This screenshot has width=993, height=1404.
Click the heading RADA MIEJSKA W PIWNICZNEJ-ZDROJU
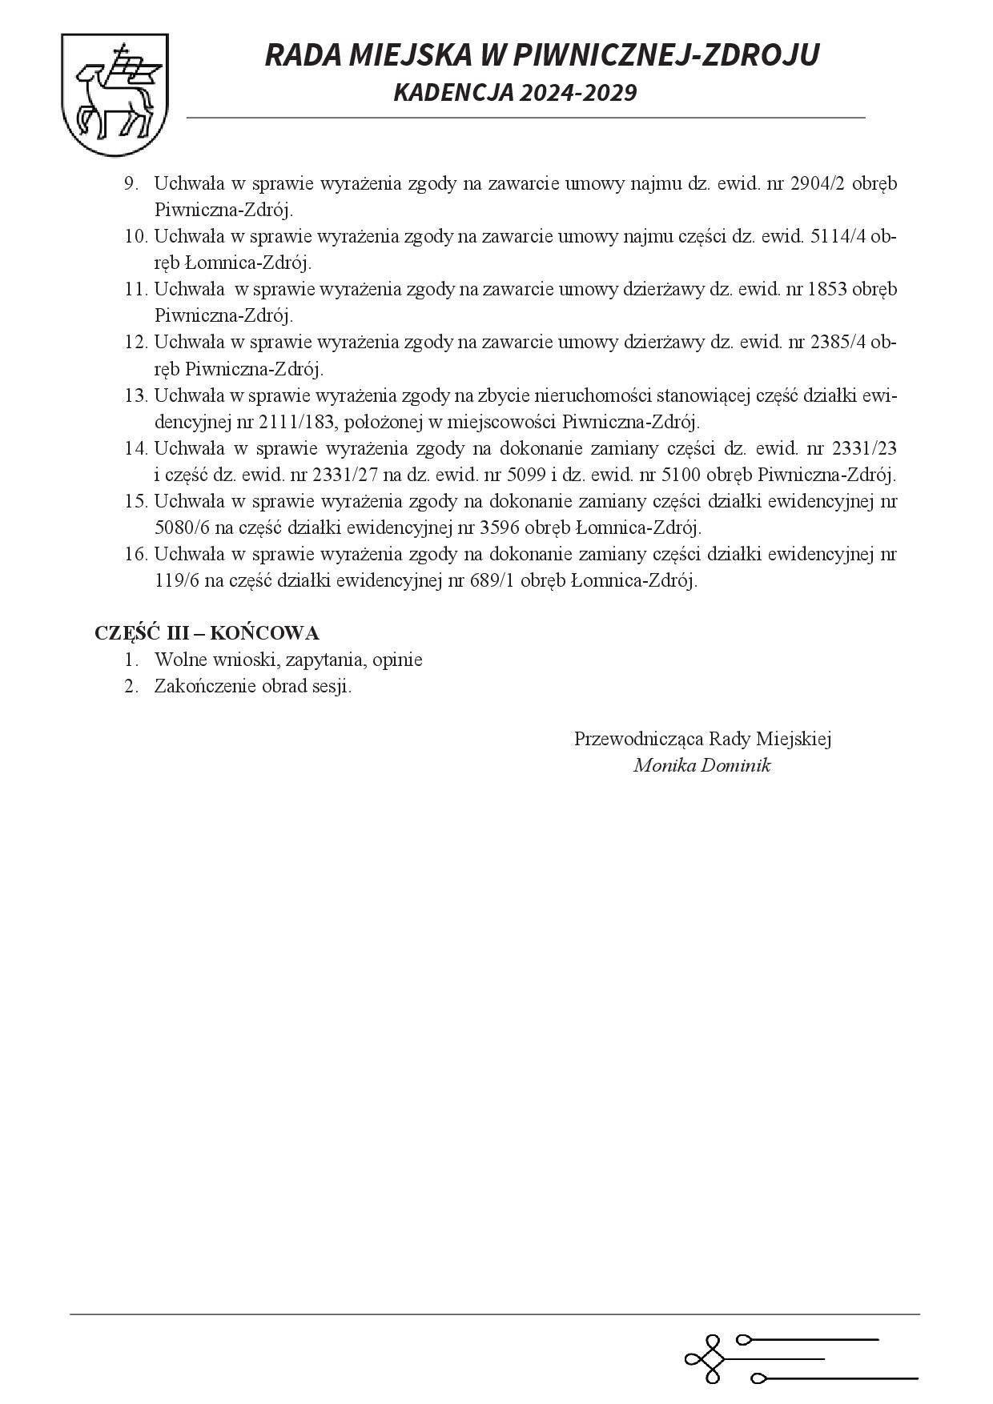coord(541,54)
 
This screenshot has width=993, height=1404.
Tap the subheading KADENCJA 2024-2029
coord(515,93)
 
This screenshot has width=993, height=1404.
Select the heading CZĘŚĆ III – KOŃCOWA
coord(207,632)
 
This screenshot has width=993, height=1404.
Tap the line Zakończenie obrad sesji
coord(253,686)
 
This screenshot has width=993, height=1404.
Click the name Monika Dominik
coord(702,765)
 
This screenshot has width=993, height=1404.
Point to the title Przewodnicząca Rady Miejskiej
coord(702,738)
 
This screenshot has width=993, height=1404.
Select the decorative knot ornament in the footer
coord(706,1358)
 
